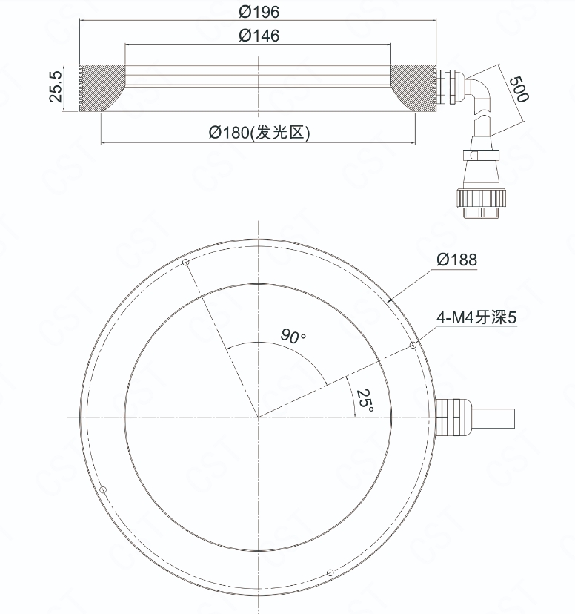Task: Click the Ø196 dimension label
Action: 259,12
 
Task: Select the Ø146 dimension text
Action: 259,36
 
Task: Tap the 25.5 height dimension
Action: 56,87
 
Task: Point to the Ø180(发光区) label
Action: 259,133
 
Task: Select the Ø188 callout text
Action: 457,260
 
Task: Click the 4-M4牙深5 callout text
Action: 476,317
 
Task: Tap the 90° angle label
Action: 293,336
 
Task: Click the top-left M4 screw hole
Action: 186,262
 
